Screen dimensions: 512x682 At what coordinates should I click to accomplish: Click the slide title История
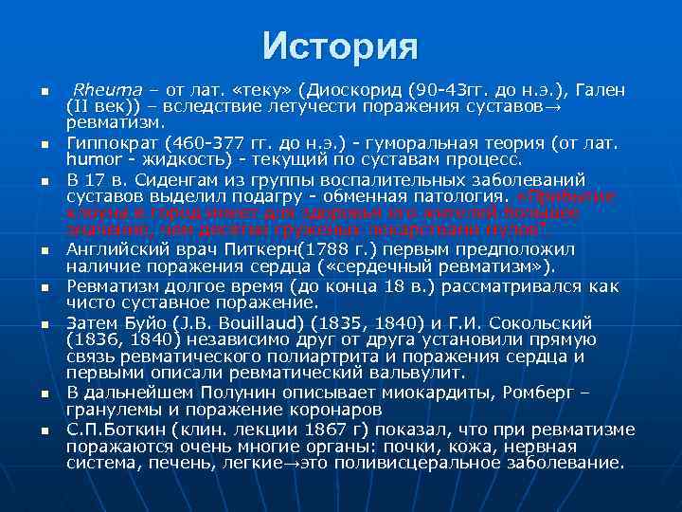point(340,44)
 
